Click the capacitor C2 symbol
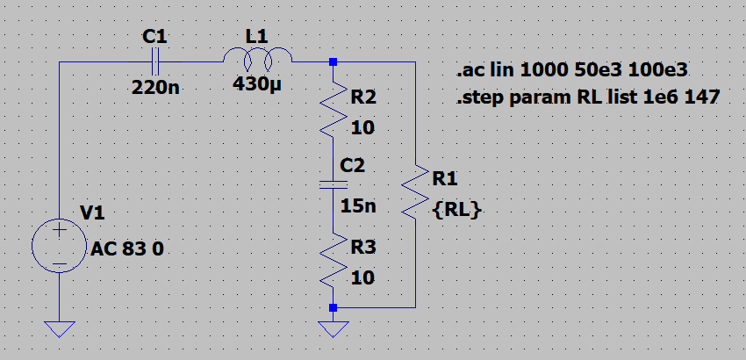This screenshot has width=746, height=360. pyautogui.click(x=333, y=184)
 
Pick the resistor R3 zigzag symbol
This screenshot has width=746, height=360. pyautogui.click(x=333, y=260)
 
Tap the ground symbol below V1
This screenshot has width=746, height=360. pyautogui.click(x=59, y=328)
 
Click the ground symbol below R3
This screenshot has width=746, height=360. pyautogui.click(x=333, y=328)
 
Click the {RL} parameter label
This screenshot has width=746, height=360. pyautogui.click(x=456, y=210)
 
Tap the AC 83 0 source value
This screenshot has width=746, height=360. pyautogui.click(x=127, y=248)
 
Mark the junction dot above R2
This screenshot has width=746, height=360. pyautogui.click(x=333, y=62)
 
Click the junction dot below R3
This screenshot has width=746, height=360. pyautogui.click(x=333, y=308)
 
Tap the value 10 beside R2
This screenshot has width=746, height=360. pyautogui.click(x=362, y=128)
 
